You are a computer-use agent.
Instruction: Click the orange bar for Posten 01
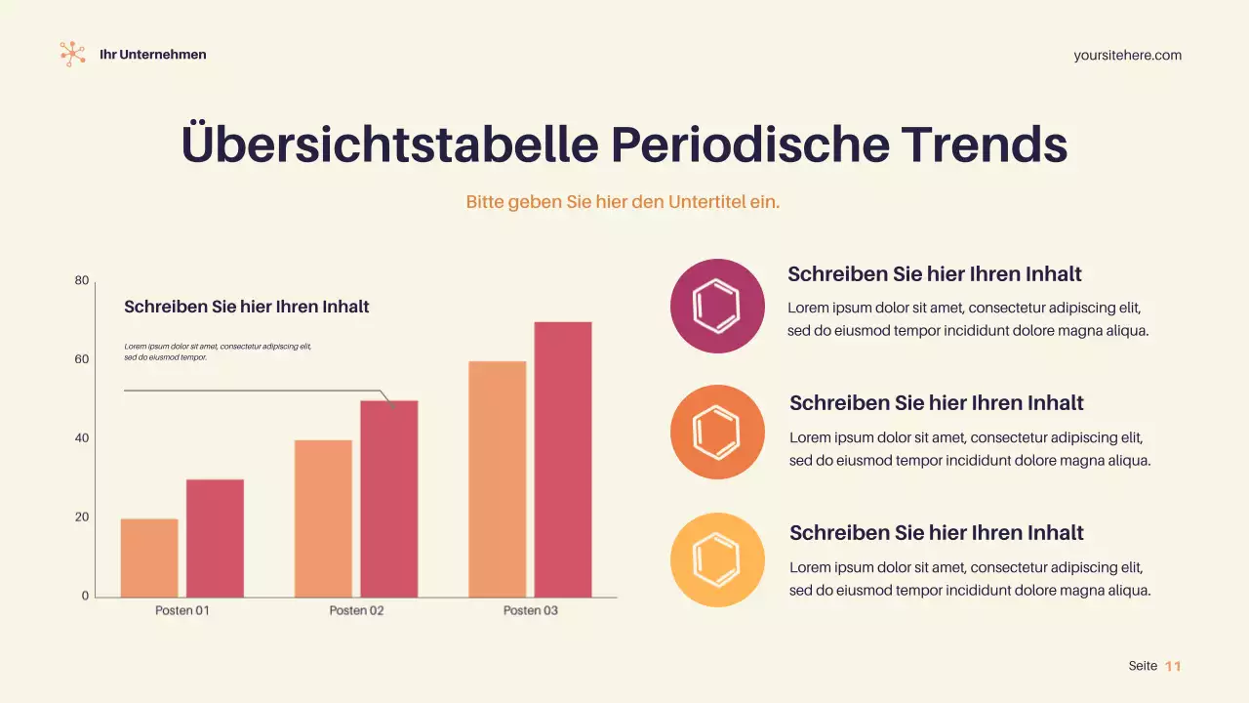149,558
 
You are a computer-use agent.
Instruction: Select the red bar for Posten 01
215,538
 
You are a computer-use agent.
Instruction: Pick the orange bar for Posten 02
323,518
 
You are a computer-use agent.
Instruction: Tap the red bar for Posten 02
388,499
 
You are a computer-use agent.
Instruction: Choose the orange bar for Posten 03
497,479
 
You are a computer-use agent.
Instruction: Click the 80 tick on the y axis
82,281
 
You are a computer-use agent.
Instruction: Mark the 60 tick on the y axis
82,359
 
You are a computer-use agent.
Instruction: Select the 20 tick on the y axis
82,517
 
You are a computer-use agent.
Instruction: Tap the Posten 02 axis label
356,610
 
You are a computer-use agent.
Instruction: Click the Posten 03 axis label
530,610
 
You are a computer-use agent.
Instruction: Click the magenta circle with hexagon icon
717,306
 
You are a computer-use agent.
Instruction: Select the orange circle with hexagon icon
717,433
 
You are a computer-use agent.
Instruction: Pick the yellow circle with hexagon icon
717,559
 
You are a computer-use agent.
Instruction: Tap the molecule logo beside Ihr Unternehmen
72,54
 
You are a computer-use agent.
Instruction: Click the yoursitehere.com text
1127,56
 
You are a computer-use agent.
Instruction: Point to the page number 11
1173,666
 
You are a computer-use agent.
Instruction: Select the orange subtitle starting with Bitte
623,202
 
